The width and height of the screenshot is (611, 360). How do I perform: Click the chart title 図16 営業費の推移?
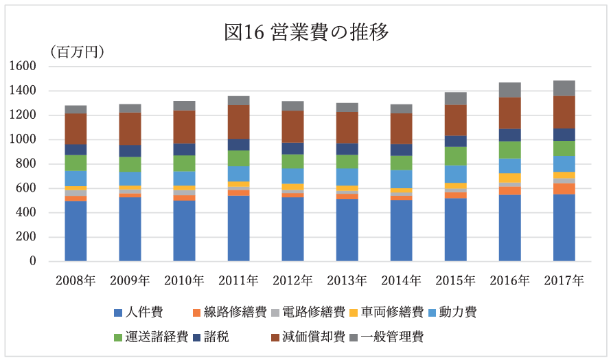(306, 32)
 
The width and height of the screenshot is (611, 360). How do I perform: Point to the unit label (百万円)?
(76, 52)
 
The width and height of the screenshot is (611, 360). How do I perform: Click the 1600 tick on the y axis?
(23, 67)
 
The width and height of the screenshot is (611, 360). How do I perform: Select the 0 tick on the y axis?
(32, 262)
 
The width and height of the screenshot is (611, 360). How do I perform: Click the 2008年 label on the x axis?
(76, 280)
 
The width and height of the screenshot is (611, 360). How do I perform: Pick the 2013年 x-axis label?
(347, 280)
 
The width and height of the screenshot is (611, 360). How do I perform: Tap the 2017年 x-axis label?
(564, 280)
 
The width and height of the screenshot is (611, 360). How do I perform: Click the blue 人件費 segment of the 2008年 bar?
(76, 231)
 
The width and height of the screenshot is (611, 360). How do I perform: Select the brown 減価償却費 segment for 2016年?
(509, 113)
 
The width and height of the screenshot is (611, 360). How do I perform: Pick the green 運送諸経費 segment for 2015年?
(455, 156)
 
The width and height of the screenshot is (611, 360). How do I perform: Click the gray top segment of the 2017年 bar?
(564, 88)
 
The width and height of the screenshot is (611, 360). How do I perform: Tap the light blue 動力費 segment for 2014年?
(401, 179)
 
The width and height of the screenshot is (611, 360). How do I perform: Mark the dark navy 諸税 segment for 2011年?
(238, 144)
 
